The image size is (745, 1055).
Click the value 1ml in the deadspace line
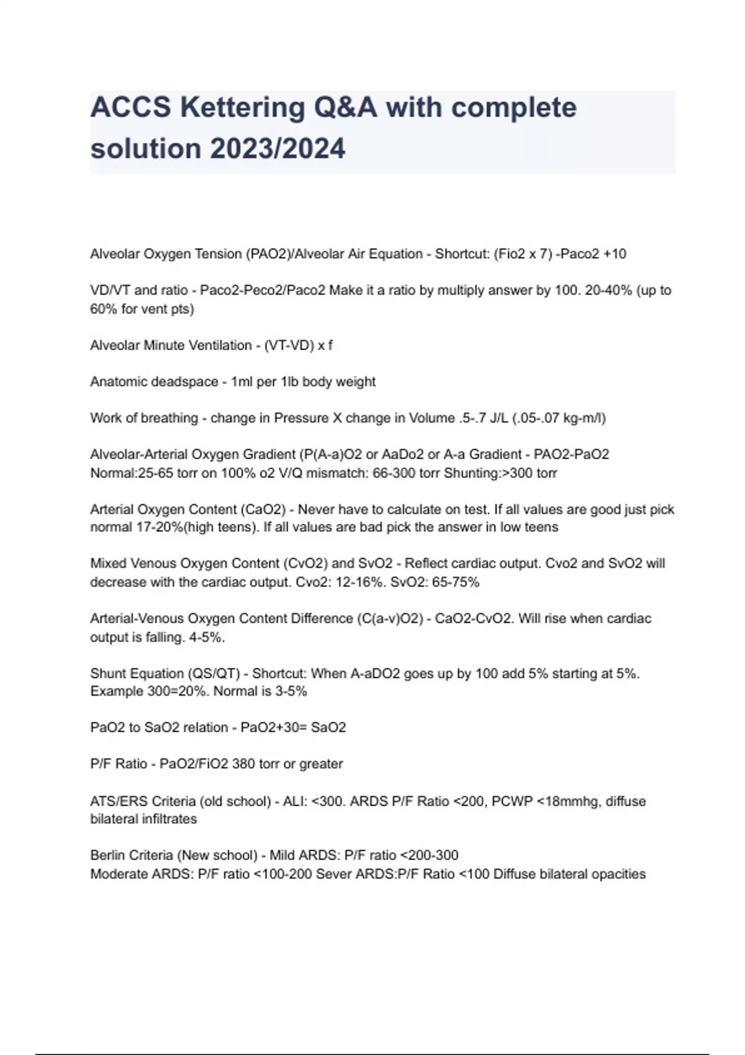[242, 382]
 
